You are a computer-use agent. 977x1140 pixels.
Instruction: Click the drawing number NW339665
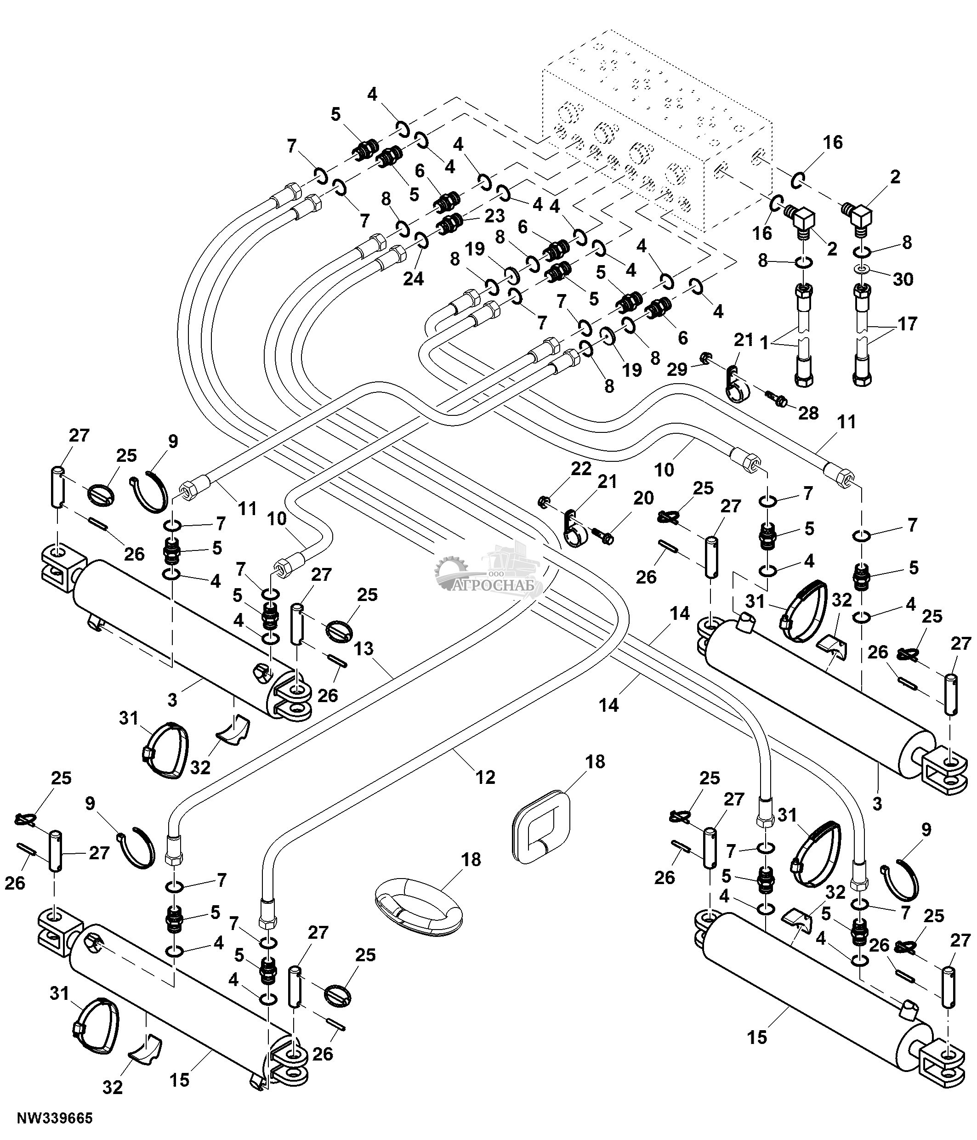click(55, 1118)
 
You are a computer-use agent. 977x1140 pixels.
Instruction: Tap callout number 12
click(485, 777)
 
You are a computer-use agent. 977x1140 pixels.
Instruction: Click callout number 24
click(413, 279)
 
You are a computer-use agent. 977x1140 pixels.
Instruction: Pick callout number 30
click(903, 279)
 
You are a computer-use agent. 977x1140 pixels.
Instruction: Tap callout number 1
click(764, 343)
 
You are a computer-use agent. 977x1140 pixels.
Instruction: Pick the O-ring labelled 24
click(422, 240)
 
